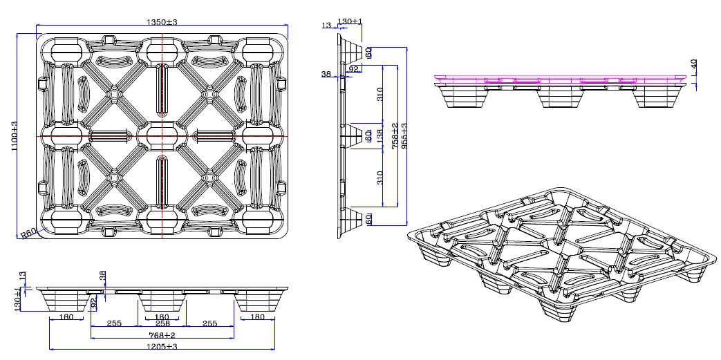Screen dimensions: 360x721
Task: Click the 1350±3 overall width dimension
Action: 162,23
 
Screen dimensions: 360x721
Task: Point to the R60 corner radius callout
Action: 28,234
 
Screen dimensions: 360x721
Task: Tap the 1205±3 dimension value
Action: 161,347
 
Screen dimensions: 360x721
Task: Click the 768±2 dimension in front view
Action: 162,335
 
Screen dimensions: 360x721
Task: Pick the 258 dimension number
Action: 162,323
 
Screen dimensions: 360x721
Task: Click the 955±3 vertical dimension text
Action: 404,136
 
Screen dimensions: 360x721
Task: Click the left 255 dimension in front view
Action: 115,323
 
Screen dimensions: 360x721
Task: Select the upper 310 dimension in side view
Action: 380,95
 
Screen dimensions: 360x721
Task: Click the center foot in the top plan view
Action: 162,135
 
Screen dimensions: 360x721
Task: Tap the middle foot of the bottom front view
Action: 162,302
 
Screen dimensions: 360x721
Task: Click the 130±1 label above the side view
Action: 350,22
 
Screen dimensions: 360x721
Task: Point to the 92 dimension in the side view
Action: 354,69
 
